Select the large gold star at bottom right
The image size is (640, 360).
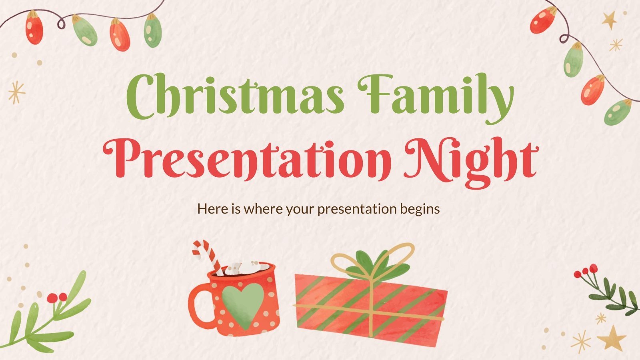[x=612, y=338]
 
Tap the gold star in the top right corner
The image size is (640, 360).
[x=610, y=20]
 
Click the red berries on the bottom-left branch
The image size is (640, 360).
[x=57, y=297]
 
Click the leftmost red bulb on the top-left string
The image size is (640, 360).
[x=34, y=27]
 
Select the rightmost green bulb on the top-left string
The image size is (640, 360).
[x=152, y=31]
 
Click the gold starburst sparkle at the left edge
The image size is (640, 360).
[x=16, y=92]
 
